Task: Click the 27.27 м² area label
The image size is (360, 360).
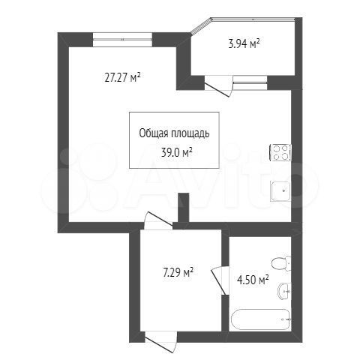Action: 122,78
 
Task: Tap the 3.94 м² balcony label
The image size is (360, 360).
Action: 244,44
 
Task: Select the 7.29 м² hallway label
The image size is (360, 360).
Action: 178,273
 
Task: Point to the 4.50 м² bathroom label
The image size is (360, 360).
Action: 253,280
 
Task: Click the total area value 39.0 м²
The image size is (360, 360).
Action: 176,152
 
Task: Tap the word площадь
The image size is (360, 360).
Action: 190,133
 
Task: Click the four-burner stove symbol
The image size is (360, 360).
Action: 280,152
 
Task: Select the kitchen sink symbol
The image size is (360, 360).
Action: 280,191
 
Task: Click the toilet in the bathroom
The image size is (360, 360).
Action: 281,263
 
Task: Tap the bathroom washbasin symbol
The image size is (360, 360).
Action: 284,292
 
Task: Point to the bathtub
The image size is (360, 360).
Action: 260,319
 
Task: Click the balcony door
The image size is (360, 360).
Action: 218,85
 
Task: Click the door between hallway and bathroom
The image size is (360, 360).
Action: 220,280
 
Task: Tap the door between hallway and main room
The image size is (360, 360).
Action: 158,220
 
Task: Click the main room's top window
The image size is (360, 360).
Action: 122,40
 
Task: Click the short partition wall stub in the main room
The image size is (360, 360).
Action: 184,208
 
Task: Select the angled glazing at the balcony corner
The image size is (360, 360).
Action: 201,25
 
